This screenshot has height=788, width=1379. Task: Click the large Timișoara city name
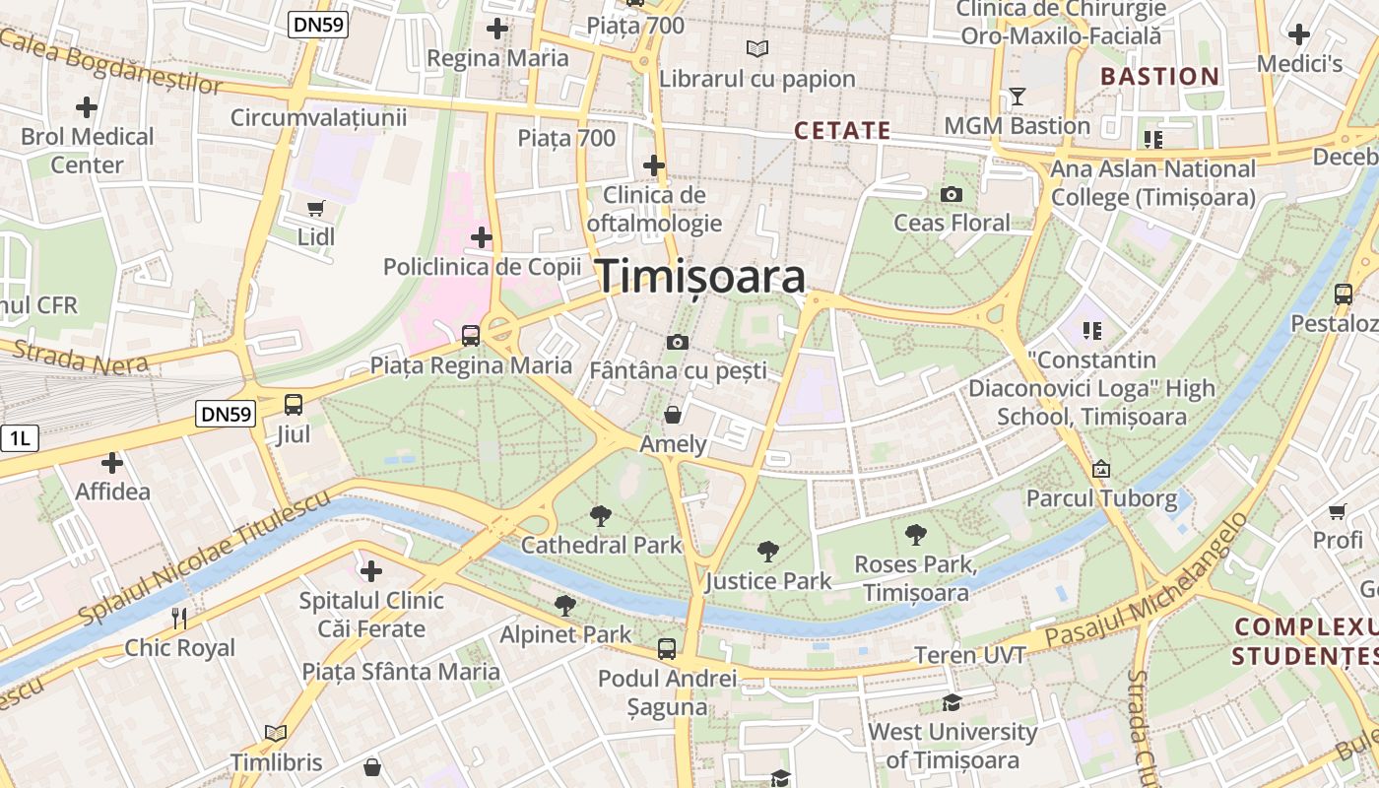pos(700,277)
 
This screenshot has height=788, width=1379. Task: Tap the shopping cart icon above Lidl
pos(316,208)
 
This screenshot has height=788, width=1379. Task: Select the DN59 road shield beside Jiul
pos(226,414)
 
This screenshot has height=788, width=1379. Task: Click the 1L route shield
pos(19,438)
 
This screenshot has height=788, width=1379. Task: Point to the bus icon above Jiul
pos(294,404)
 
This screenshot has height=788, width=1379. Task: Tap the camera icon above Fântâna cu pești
pos(678,342)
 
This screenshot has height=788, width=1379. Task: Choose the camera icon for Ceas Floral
pos(952,194)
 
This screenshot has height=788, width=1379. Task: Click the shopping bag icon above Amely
pos(673,415)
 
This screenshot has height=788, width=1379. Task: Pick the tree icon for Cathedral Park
pos(600,515)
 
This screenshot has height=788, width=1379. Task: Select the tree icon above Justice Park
pos(768,552)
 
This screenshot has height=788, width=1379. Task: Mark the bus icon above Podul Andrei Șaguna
pos(667,649)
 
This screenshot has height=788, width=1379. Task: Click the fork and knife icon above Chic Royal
pos(179,619)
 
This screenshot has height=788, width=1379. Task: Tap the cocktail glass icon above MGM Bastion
pos(1018,97)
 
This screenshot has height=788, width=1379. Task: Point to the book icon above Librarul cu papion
pos(756,48)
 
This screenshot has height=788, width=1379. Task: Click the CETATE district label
pos(842,130)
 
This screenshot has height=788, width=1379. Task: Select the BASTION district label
pos(1159,76)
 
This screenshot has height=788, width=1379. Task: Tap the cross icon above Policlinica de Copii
pos(482,237)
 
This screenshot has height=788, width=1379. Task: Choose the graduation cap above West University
pos(952,702)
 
